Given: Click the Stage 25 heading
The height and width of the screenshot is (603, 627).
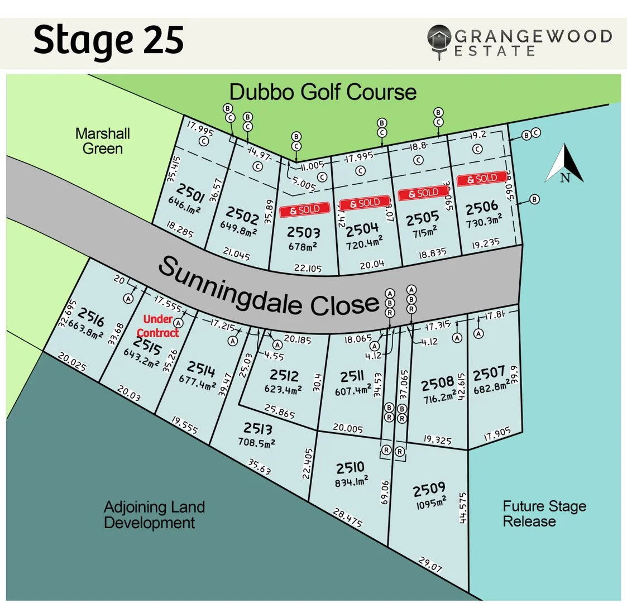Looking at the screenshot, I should [x=108, y=41].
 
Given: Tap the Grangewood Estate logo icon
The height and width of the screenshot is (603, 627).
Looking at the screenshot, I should [x=439, y=40].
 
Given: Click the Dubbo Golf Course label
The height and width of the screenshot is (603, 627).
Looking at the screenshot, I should [x=323, y=92].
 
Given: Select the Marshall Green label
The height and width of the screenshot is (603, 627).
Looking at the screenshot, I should [x=103, y=141].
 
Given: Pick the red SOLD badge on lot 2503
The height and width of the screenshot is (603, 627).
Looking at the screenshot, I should [x=304, y=210].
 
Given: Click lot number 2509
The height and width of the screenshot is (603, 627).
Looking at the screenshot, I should [x=429, y=490].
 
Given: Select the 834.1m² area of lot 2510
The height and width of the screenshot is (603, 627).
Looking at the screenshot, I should [x=352, y=481].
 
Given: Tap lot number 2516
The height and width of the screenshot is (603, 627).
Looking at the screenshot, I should [x=91, y=317].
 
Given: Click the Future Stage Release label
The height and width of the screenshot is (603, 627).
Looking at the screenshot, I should [x=529, y=514].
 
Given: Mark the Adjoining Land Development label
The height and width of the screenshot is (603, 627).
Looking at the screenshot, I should [x=154, y=515].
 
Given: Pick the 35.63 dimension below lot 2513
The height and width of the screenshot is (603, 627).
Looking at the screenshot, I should [x=259, y=467].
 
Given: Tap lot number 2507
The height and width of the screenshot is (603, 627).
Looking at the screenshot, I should [x=489, y=374].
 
